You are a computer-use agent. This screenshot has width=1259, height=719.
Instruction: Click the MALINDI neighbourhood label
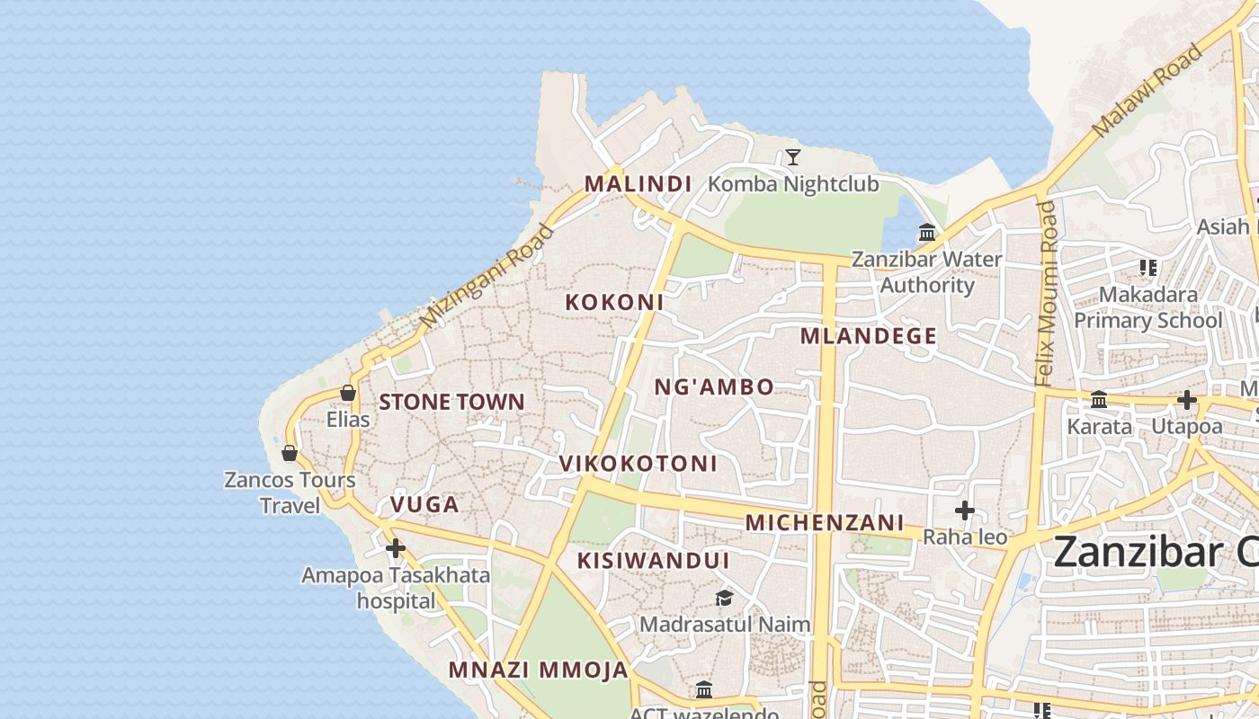[638, 184]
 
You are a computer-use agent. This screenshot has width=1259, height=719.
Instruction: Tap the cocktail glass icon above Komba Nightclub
[792, 158]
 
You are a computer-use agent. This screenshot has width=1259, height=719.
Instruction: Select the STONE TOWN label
[451, 402]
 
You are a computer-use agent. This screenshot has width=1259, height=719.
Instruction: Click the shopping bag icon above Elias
[348, 393]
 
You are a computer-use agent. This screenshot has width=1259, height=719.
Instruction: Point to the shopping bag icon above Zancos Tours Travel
[290, 453]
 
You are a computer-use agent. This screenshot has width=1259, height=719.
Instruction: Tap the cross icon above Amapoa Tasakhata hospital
[395, 548]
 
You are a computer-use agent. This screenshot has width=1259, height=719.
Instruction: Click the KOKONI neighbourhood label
[614, 303]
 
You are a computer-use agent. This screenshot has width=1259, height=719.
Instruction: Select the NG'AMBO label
[713, 387]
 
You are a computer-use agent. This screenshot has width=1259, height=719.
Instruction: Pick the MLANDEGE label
[869, 336]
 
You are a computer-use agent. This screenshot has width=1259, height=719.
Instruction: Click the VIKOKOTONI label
[638, 464]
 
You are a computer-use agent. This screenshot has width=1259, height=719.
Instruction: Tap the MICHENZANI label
[825, 522]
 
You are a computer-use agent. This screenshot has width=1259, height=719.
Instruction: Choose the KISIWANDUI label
[653, 561]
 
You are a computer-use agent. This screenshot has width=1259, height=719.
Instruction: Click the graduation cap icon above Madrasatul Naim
[724, 598]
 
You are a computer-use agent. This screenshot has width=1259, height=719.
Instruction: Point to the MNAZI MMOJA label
[538, 670]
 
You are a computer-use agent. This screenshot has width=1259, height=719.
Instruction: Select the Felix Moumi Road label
[1046, 294]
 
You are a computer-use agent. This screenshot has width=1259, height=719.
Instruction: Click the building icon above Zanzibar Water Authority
[927, 234]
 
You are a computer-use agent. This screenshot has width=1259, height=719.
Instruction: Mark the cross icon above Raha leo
[965, 511]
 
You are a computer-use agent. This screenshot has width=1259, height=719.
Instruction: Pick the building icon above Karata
[1099, 400]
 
